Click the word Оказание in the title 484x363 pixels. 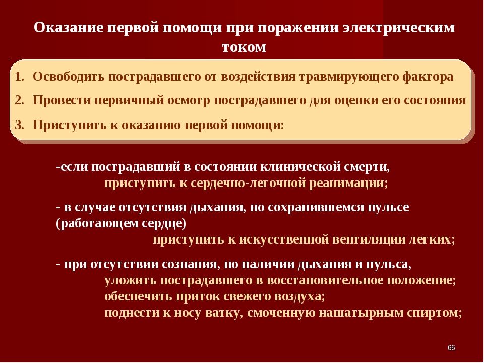click(69, 27)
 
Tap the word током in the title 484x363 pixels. click(244, 47)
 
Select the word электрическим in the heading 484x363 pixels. click(399, 28)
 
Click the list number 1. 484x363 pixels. click(19, 77)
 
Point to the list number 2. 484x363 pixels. click(19, 100)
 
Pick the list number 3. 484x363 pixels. click(19, 125)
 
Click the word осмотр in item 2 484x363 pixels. click(188, 101)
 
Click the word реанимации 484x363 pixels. click(348, 184)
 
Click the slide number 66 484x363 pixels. click(451, 348)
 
